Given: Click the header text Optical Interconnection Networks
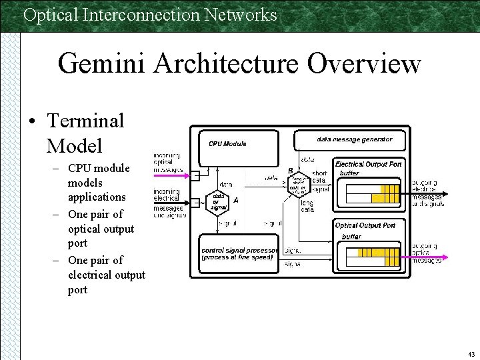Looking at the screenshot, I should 150,14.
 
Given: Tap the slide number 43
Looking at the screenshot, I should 471,354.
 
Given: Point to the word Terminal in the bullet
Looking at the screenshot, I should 85,121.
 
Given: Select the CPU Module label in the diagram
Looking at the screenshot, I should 227,143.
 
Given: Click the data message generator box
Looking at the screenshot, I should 354,139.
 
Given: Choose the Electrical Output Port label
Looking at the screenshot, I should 368,164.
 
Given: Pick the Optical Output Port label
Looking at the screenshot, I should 365,225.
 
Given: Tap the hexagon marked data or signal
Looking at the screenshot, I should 219,201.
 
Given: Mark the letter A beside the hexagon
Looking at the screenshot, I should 236,200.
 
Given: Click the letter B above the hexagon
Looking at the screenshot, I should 290,171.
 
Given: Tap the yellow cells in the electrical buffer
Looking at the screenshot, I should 385,193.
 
